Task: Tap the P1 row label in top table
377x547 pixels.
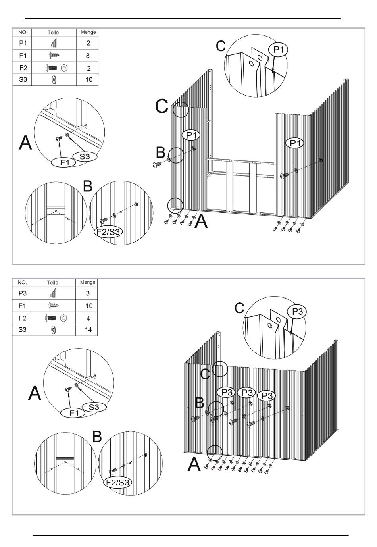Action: coord(23,43)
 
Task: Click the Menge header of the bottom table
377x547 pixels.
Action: coord(87,282)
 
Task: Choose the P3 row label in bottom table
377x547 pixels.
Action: coord(23,293)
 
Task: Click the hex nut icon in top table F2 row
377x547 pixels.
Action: coord(65,68)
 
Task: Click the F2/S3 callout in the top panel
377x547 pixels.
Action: coord(108,232)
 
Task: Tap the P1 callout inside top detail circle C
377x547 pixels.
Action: coord(278,50)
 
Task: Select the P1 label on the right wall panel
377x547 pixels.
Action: coord(294,143)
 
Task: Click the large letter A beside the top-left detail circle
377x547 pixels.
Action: coord(25,142)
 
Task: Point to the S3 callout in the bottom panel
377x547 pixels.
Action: coord(94,407)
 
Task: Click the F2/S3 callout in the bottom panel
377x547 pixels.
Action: coord(118,483)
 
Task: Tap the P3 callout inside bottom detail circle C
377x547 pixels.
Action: coord(297,312)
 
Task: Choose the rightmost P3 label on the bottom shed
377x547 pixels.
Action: coord(266,396)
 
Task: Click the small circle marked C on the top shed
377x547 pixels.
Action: coord(181,109)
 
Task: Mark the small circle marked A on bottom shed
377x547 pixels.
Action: coord(215,452)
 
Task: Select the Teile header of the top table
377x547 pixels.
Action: coord(53,33)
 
